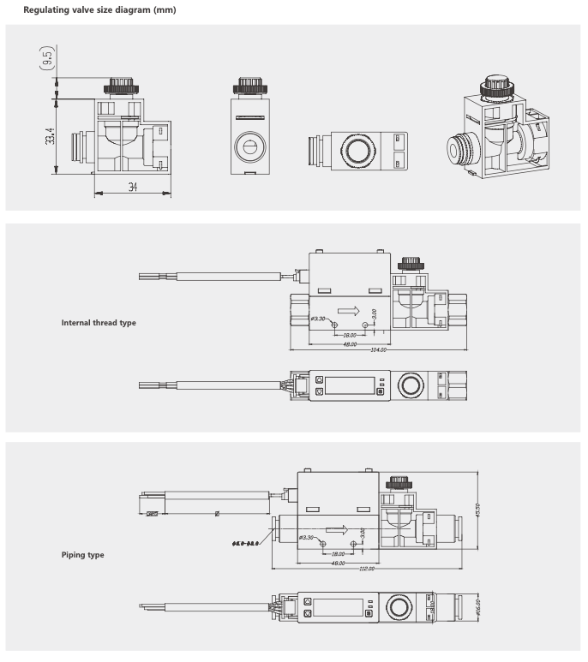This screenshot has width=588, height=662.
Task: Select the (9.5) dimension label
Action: pos(50,59)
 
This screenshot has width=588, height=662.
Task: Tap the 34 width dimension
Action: pos(133,187)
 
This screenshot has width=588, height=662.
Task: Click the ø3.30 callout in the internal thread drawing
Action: pos(318,319)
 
